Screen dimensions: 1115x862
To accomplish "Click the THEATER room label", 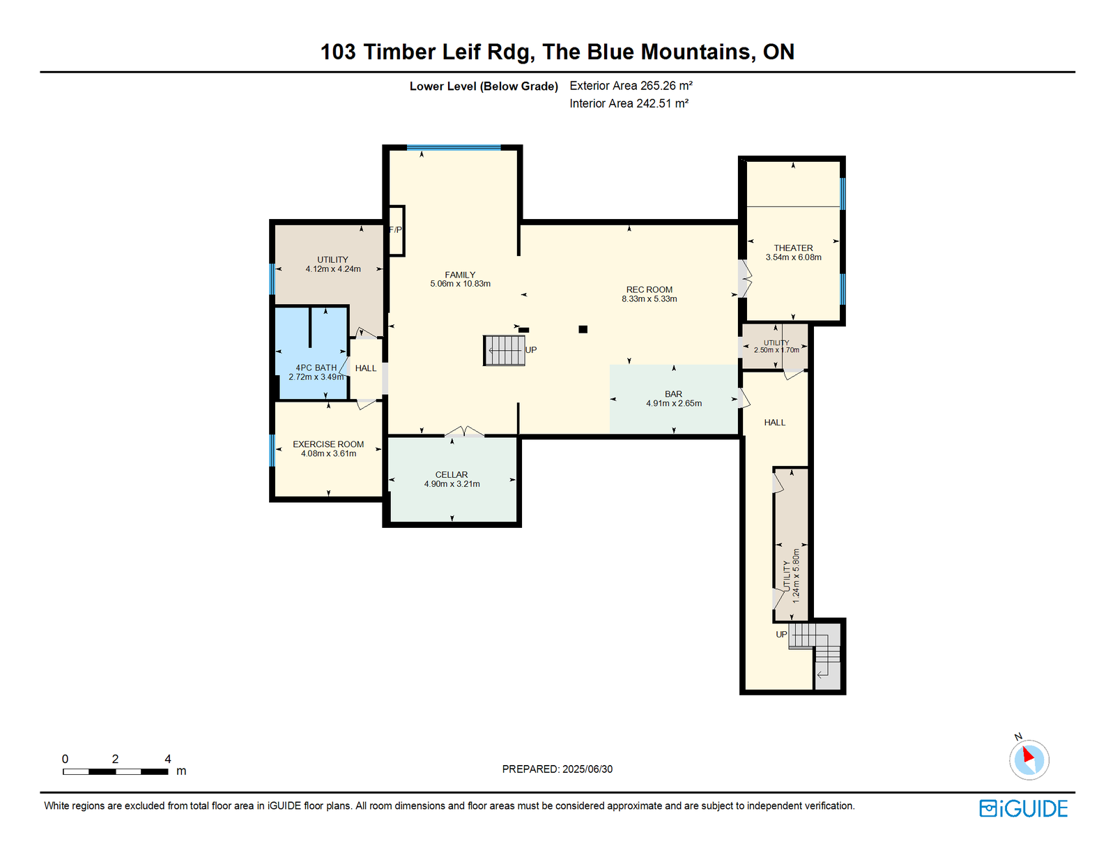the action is (793, 248).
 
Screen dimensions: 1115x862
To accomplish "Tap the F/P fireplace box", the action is (396, 231).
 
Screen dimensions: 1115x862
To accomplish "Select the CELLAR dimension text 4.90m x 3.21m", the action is (452, 483).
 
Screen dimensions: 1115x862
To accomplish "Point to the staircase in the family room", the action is (504, 350).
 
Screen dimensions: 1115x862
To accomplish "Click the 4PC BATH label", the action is (316, 368).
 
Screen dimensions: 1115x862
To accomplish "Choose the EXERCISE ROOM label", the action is (328, 444).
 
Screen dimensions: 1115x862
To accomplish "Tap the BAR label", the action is (673, 394).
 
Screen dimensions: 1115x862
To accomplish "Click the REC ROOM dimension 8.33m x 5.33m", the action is (649, 298).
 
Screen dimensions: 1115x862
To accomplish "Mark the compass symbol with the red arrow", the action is (1029, 759).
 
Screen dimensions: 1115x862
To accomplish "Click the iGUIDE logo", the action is (1023, 808).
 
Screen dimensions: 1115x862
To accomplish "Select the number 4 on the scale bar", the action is (168, 759).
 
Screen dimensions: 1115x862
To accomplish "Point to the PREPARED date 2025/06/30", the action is (587, 769).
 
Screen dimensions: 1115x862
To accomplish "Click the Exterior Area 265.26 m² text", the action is (631, 86).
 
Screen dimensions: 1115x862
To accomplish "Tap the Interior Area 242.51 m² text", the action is (629, 103).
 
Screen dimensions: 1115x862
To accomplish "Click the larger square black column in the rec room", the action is (583, 330).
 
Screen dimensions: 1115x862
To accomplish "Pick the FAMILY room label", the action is (460, 275).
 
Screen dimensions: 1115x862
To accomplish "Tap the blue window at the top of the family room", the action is (454, 147).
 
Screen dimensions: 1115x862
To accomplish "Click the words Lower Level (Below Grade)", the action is (484, 86).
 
